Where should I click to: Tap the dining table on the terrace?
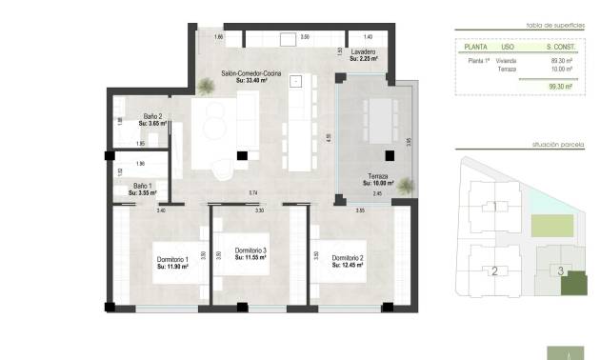coord(380,120)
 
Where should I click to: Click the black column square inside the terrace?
coord(389,157)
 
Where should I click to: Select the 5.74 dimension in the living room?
coord(253,193)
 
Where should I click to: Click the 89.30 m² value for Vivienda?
coord(561,60)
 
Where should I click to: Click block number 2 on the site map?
coord(494,271)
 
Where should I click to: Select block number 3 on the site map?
coord(561,271)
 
